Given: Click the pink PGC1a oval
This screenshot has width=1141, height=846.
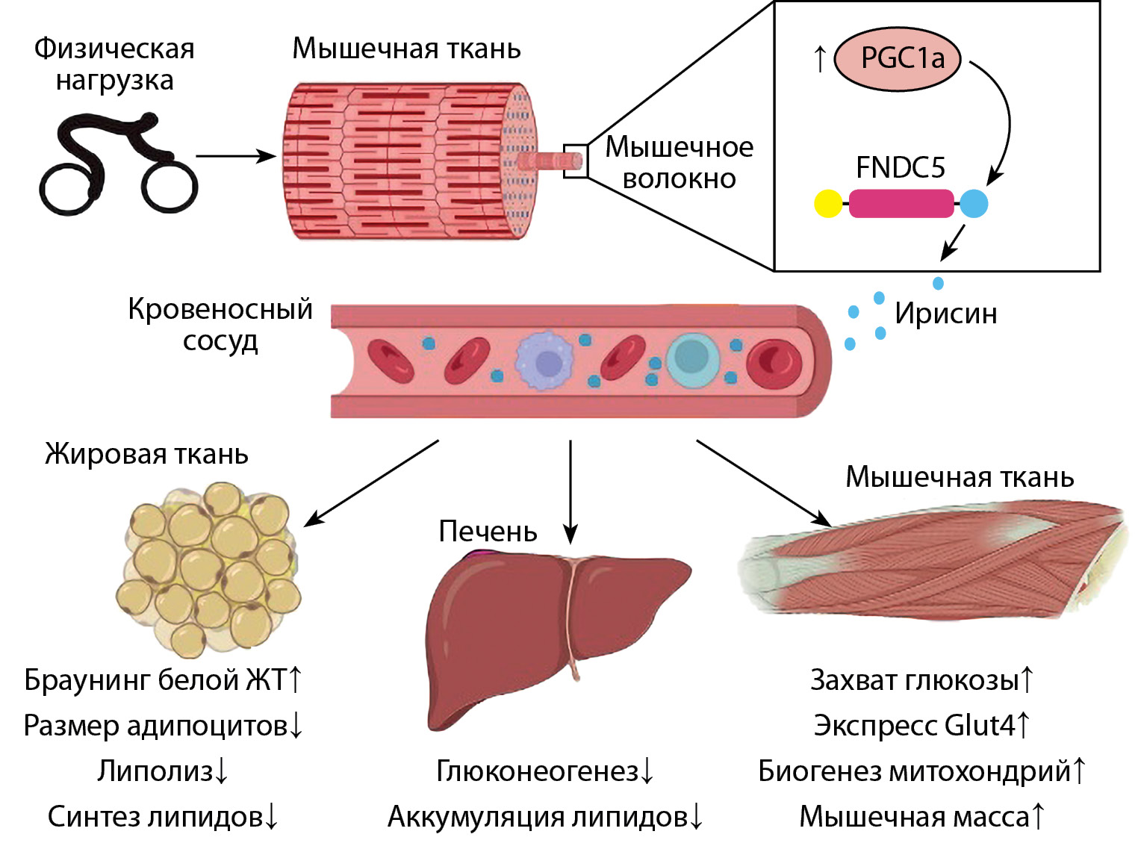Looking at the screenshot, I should tap(897, 58).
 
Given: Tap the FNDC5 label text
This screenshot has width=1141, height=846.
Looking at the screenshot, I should tap(900, 167).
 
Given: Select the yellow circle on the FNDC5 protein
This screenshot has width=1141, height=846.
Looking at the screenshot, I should tap(828, 204).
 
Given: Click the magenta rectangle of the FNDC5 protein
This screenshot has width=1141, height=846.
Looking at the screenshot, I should tap(901, 204).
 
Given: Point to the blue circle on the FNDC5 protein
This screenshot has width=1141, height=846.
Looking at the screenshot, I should tap(973, 204).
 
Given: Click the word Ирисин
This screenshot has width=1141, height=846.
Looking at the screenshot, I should tap(945, 314).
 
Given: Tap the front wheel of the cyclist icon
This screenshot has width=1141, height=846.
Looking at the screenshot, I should tap(170, 184).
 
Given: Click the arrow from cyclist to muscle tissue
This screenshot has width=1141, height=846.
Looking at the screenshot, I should tap(235, 157).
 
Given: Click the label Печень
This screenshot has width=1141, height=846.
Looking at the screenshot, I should tap(488, 531).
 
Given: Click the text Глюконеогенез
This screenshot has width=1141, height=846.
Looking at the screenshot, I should tap(537, 771).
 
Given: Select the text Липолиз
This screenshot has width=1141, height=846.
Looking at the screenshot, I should tap(155, 771).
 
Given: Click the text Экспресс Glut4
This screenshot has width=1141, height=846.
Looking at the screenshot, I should tap(914, 725).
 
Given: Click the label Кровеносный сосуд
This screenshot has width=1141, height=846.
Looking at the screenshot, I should tap(220, 325).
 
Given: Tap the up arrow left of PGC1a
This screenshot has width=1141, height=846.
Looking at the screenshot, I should tap(820, 58).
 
